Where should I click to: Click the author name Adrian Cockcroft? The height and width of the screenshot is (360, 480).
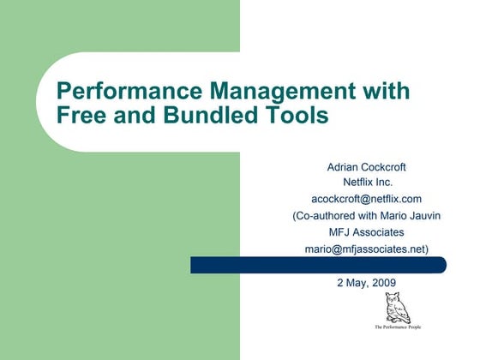[x=366, y=167]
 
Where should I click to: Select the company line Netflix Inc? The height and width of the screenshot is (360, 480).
[x=367, y=183]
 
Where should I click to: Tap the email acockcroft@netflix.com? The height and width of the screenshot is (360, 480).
[x=366, y=200]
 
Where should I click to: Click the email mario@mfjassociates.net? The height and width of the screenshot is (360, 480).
[x=366, y=249]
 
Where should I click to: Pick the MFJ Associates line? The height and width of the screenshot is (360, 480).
[x=366, y=233]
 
